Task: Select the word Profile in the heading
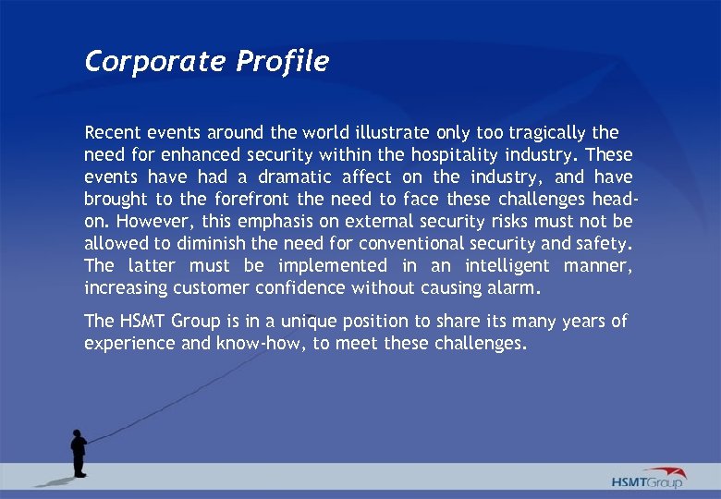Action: pos(282,62)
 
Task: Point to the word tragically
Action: pos(543,132)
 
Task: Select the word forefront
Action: pos(252,199)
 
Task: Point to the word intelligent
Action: pos(507,266)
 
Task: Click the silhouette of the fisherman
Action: pos(79,452)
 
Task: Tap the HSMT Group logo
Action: pos(648,478)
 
